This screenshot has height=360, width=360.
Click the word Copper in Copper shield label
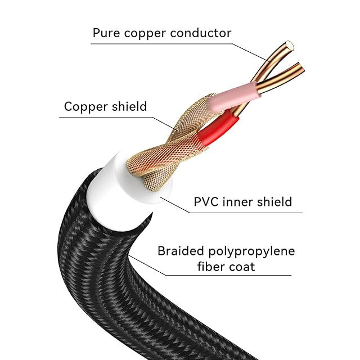pos(82,106)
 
